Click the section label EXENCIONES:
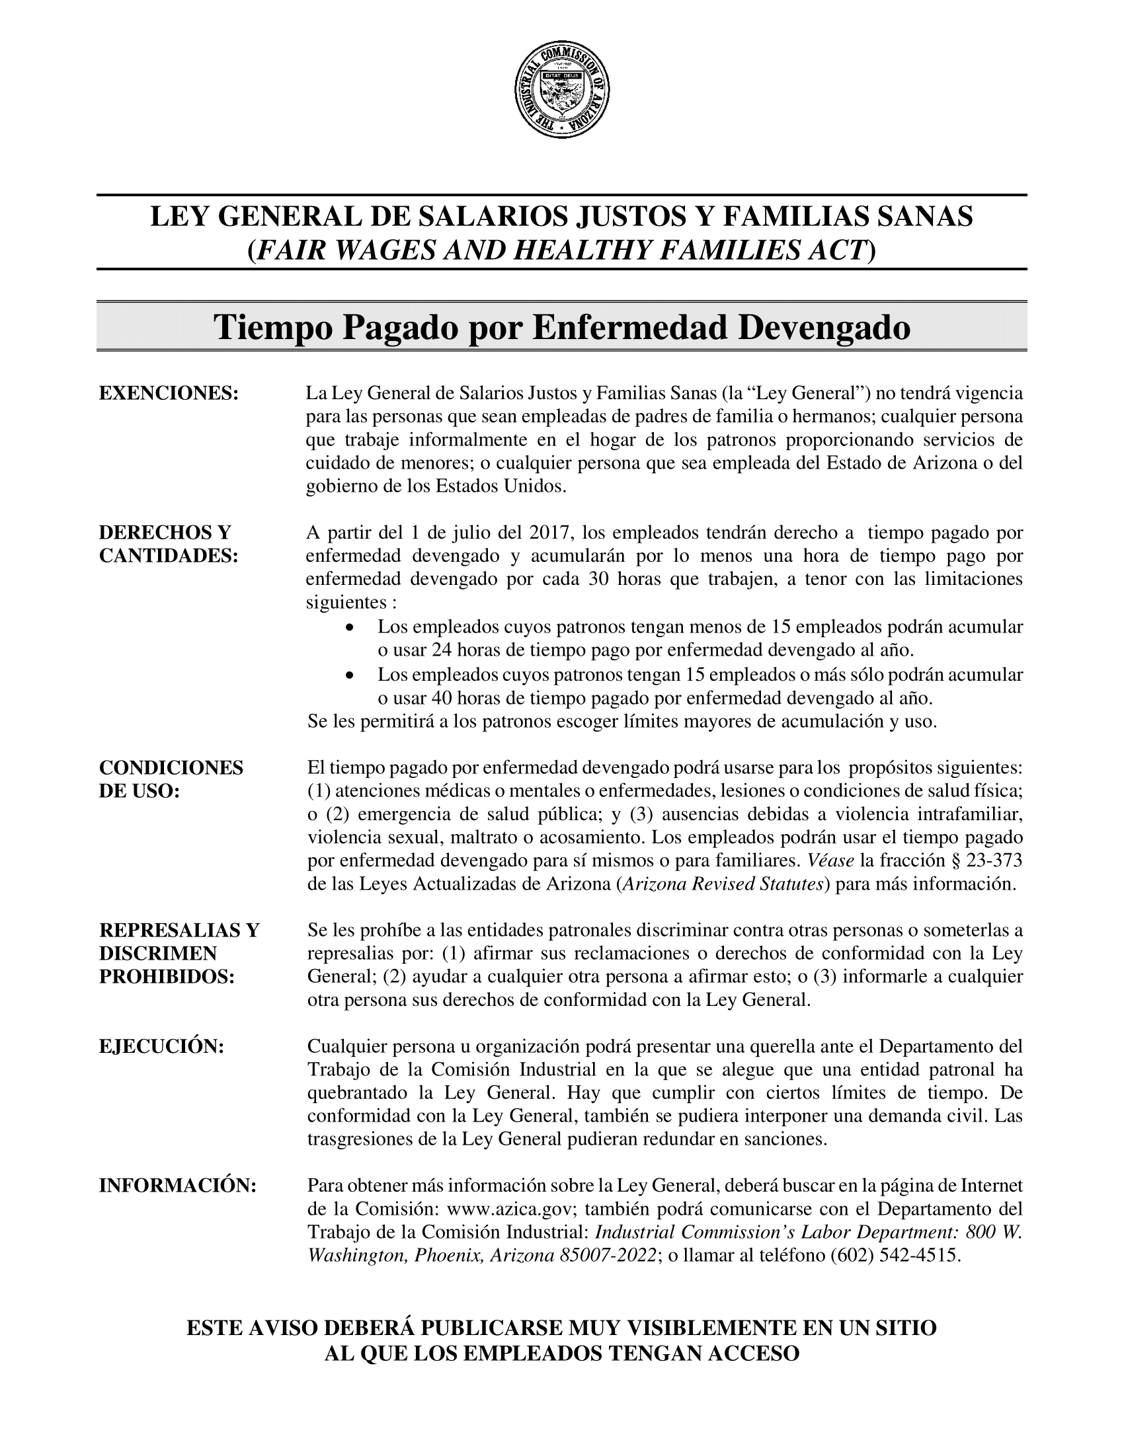point(169,393)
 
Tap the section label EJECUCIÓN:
point(161,1046)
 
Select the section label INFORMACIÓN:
point(178,1185)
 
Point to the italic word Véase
point(830,861)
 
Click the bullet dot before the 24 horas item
point(350,628)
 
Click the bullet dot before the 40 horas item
point(350,675)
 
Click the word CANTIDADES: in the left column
point(169,556)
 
